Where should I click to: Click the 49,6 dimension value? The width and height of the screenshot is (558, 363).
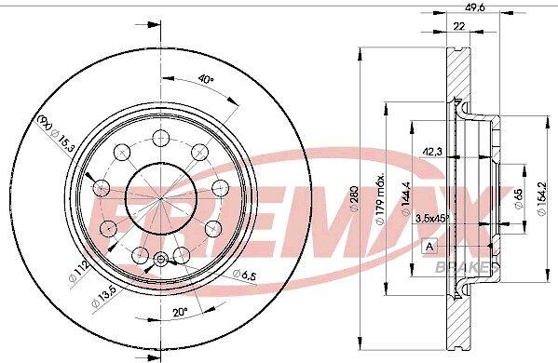pos(471,6)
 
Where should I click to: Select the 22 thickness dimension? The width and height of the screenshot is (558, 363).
pos(459,26)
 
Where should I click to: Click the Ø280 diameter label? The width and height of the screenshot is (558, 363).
pos(355,199)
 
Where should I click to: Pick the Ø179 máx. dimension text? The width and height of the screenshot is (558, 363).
pos(380,200)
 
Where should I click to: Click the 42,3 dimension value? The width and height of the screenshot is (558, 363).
pos(432,152)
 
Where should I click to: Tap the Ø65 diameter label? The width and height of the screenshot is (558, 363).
pos(519,198)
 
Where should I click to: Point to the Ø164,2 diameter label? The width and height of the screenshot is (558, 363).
pos(541,199)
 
